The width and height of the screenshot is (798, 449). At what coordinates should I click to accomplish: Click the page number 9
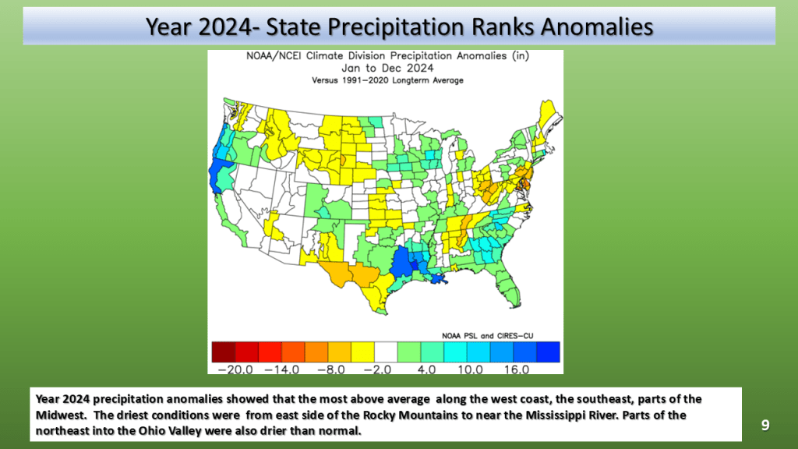coord(765,425)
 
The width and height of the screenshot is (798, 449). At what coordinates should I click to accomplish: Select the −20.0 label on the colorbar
coord(235,369)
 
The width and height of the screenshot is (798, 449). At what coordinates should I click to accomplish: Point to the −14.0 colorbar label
coord(282,369)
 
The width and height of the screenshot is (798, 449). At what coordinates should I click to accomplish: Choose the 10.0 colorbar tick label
coord(470,369)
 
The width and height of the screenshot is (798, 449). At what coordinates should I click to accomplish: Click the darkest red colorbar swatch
coord(224,352)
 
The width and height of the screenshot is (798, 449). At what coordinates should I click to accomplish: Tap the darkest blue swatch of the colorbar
coord(549,352)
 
